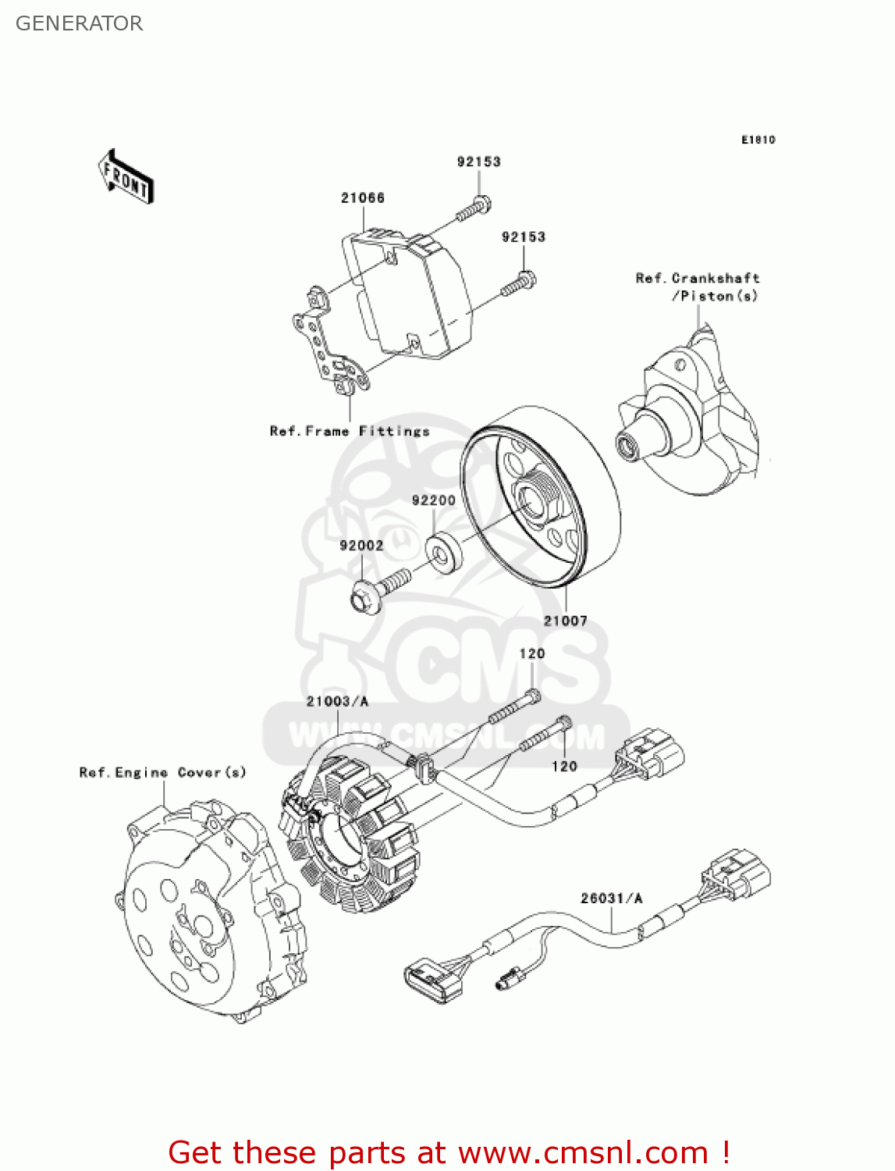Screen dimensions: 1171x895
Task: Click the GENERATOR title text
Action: click(79, 23)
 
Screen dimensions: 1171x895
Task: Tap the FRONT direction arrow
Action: click(126, 177)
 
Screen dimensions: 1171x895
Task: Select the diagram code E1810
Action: click(758, 140)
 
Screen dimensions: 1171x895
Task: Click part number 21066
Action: click(363, 198)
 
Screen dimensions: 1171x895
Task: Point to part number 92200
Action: click(434, 500)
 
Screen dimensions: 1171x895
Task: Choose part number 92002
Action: click(361, 546)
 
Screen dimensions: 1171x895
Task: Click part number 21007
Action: click(565, 621)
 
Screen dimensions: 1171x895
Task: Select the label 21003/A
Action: click(337, 701)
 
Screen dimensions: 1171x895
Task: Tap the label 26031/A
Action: click(611, 899)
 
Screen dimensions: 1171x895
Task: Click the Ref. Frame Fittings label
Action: click(350, 431)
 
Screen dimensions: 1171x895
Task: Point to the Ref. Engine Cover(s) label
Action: click(162, 772)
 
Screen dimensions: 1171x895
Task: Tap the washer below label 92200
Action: click(443, 549)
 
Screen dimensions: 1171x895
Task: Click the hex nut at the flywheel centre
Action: click(536, 500)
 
